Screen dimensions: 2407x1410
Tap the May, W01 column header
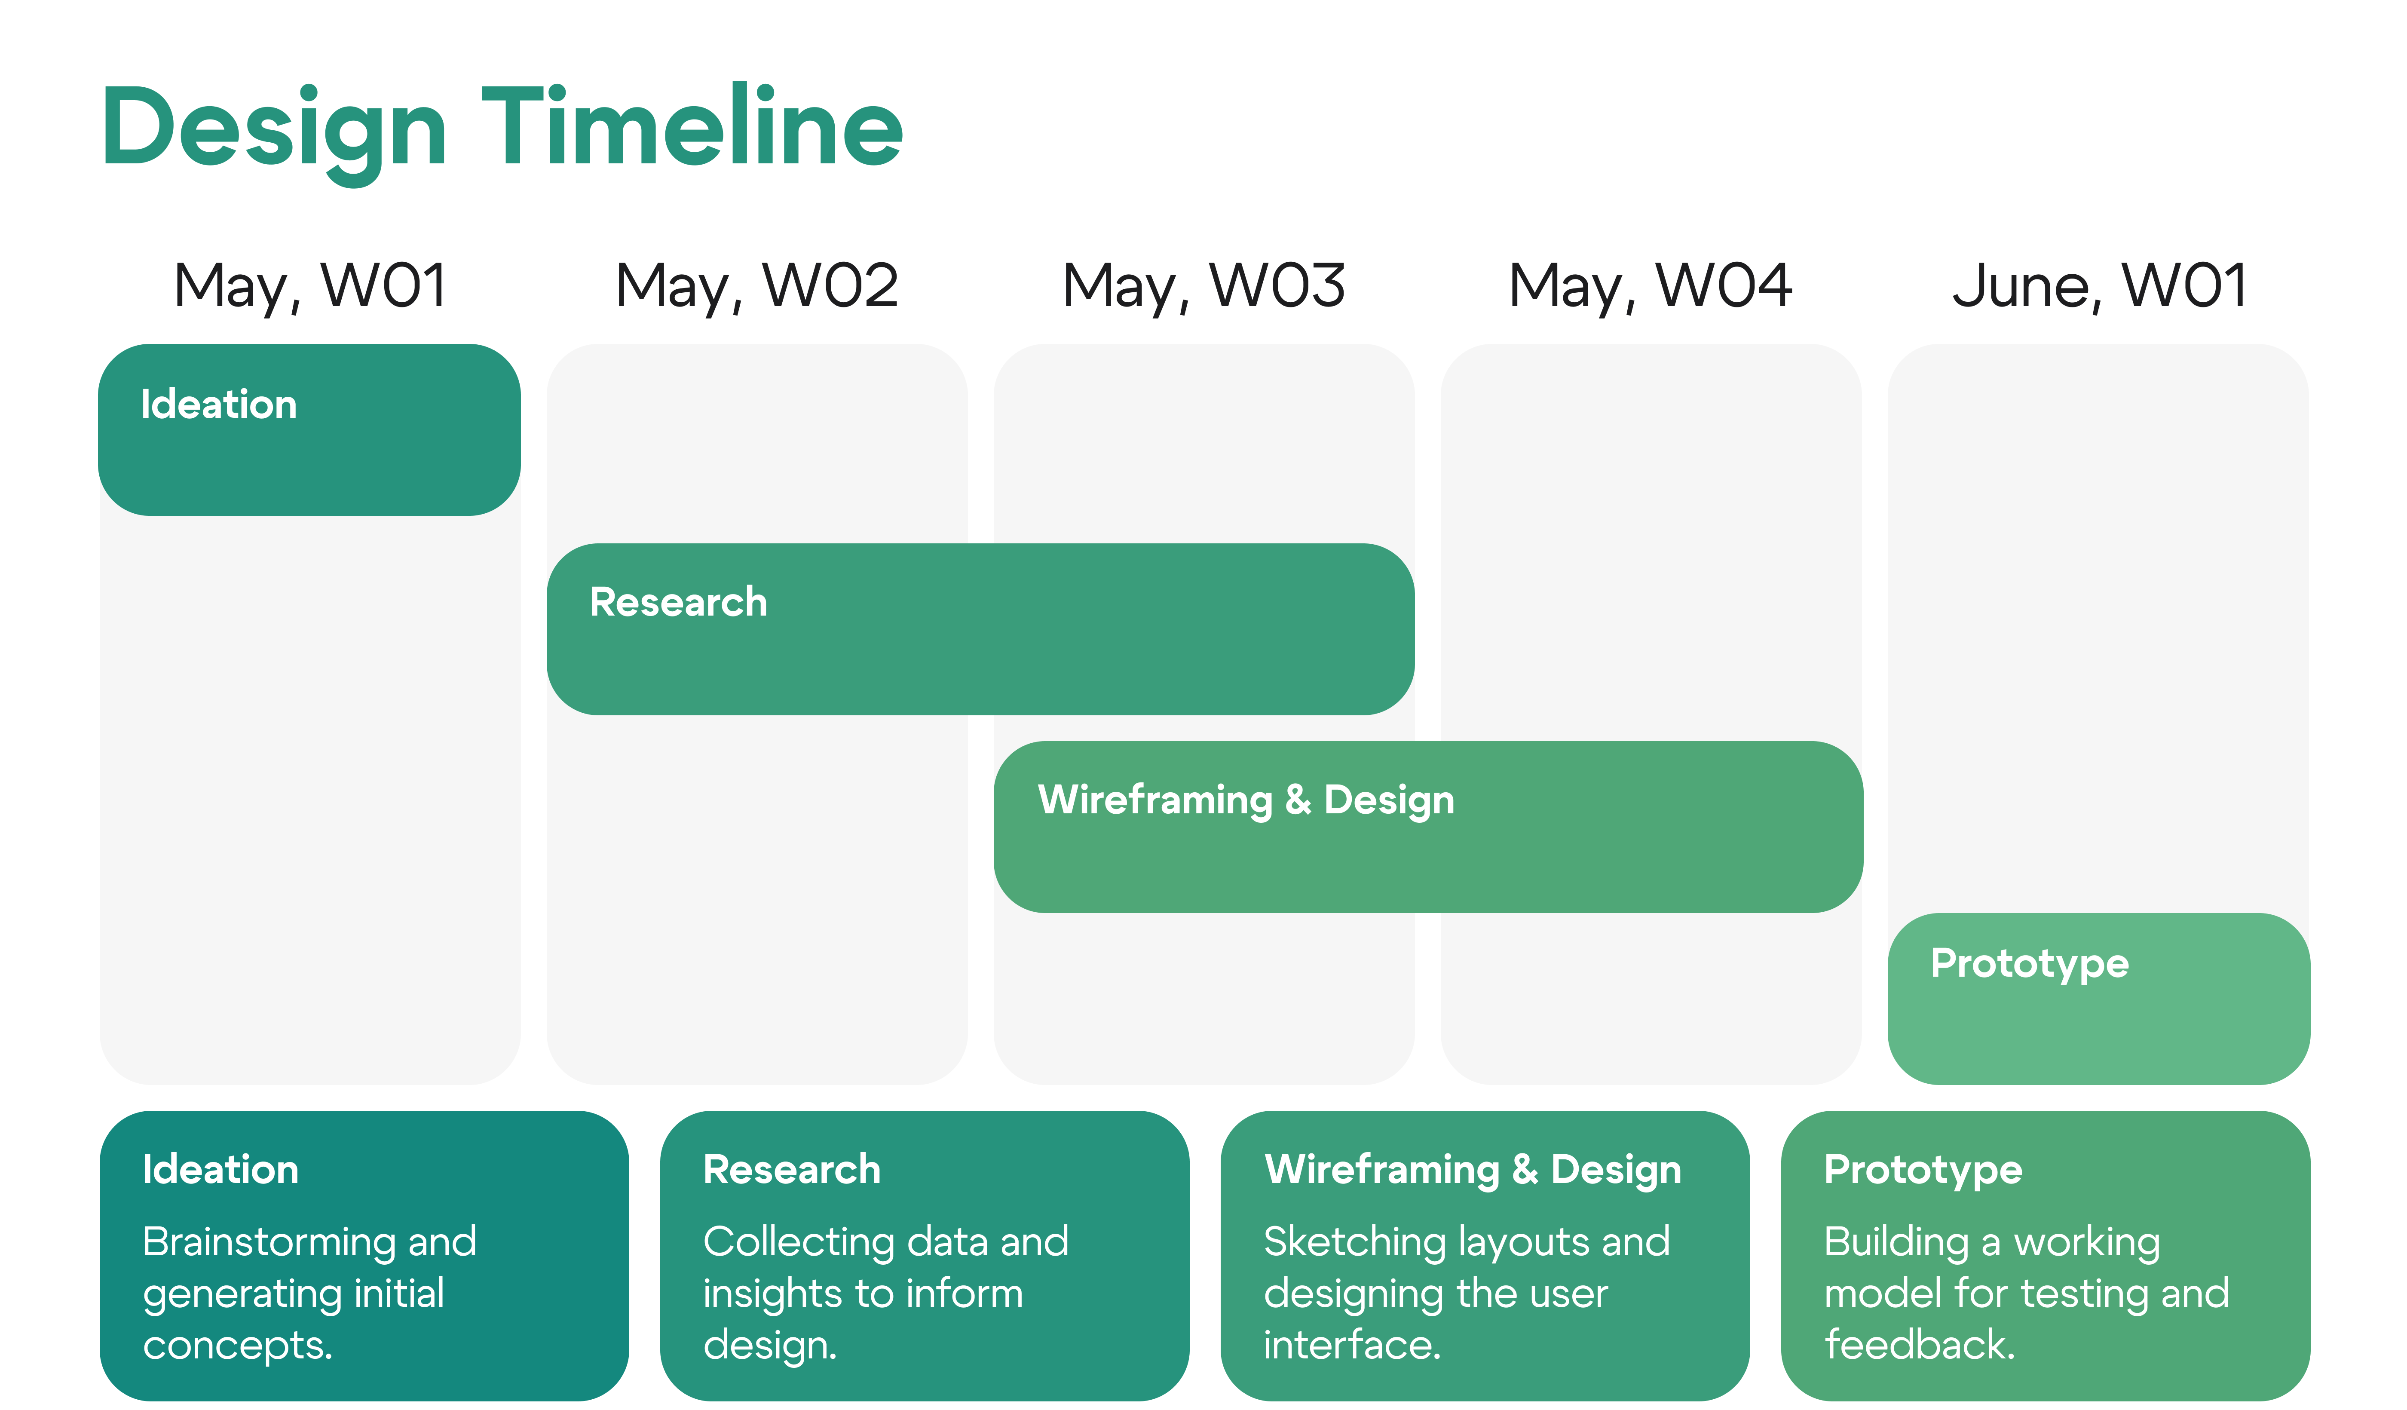click(310, 287)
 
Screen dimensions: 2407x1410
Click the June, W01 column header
click(2099, 287)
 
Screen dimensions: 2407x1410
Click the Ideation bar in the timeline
click(309, 430)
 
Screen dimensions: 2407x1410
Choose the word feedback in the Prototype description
click(1920, 1345)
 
